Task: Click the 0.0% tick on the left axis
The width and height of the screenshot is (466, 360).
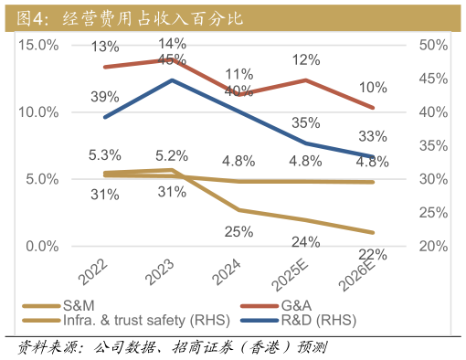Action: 42,247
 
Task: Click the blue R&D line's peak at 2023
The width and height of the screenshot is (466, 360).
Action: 173,79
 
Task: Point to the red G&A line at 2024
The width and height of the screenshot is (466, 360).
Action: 239,94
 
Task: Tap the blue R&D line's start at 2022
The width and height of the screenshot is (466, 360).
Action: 106,117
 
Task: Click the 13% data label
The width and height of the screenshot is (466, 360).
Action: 105,47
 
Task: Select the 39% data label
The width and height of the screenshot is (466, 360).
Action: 105,97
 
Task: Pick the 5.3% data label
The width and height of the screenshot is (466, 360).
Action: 105,155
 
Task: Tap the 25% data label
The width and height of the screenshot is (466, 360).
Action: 238,231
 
